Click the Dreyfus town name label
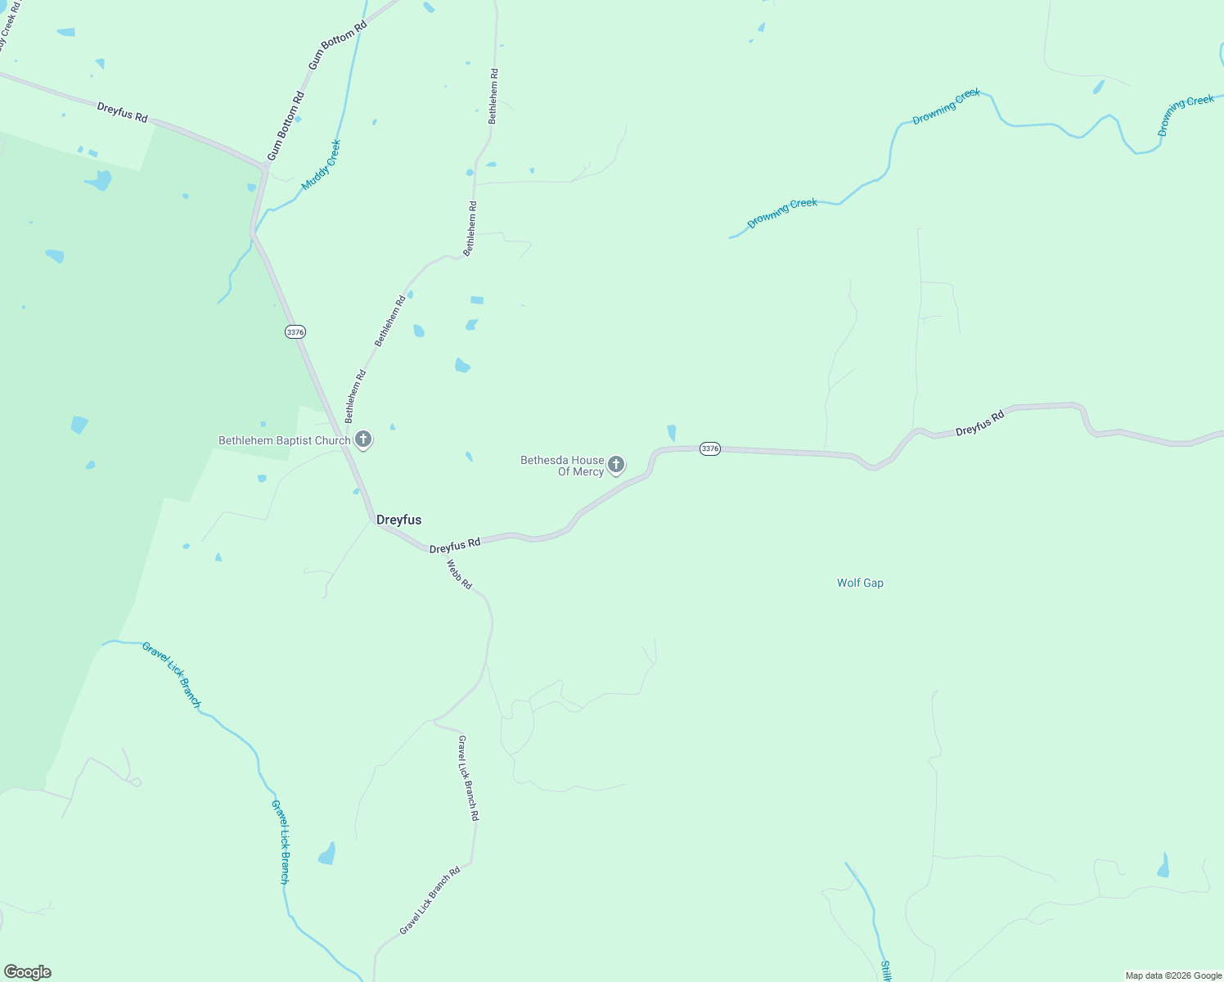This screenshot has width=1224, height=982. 398,520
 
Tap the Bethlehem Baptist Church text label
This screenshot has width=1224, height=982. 284,440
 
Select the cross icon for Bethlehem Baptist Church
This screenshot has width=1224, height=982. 364,439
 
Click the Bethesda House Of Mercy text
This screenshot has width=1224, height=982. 562,466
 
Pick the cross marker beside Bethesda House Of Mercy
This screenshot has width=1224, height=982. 616,464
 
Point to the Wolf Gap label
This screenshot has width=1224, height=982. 860,583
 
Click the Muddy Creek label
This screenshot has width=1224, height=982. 321,165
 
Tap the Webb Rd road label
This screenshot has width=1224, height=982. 459,574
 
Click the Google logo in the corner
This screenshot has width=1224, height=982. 27,972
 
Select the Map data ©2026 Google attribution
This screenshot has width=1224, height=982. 1172,975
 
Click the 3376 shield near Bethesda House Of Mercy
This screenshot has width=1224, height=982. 709,448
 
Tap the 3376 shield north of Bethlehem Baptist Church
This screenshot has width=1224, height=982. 295,331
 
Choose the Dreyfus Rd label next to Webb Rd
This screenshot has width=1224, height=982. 455,545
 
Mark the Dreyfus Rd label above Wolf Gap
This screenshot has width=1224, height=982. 979,423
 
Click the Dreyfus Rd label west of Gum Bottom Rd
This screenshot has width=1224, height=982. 122,112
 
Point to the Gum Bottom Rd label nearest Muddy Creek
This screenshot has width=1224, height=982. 286,126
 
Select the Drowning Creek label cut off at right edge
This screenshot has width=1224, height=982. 1186,115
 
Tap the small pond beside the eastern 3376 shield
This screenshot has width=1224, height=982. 672,433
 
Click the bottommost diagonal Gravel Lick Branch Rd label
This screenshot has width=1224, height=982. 430,900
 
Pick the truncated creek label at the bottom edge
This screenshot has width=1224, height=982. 885,971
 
